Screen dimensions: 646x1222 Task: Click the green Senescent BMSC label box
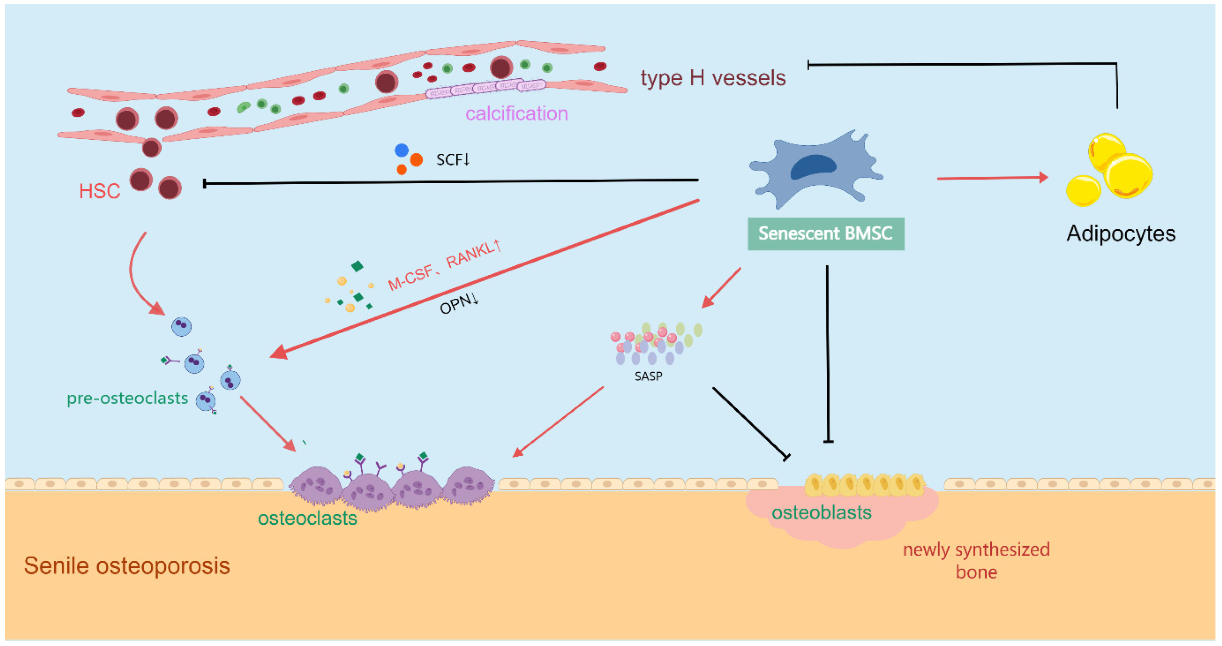[x=825, y=233]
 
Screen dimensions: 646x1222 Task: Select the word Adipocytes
[x=1120, y=233]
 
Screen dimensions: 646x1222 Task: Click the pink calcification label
[x=516, y=114]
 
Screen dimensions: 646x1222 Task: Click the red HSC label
[x=99, y=191]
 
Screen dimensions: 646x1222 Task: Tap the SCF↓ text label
[x=452, y=160]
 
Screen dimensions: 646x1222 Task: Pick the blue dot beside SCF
[x=401, y=150]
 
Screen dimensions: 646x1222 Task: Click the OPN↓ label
[x=459, y=304]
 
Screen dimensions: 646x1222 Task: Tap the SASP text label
[x=648, y=376]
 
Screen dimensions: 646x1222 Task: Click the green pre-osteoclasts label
[x=127, y=398]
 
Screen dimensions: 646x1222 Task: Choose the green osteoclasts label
[x=307, y=518]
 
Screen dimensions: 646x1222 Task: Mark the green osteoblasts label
[x=821, y=513]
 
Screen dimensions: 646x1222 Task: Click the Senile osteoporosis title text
[x=127, y=566]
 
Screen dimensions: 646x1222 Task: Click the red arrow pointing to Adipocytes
[x=991, y=178]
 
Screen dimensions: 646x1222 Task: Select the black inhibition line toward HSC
[x=451, y=182]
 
